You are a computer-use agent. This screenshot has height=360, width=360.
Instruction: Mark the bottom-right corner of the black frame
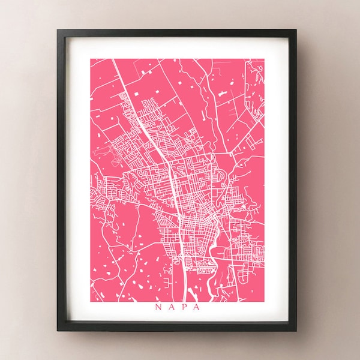click(296, 332)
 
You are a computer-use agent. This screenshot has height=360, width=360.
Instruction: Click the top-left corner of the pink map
click(89, 58)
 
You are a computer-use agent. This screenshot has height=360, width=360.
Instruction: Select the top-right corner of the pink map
click(265, 58)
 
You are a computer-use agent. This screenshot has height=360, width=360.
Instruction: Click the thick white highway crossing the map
click(173, 198)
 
